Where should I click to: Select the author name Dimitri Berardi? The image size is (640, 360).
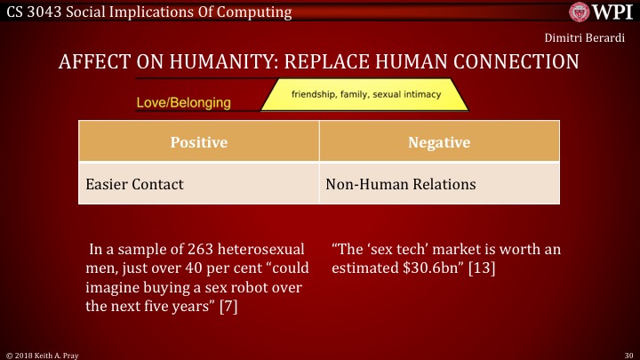coord(585,38)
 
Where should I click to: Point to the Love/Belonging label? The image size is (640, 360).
coord(183,102)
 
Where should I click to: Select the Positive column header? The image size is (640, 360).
coord(199,142)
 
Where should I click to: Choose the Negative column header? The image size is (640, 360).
coord(438,142)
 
